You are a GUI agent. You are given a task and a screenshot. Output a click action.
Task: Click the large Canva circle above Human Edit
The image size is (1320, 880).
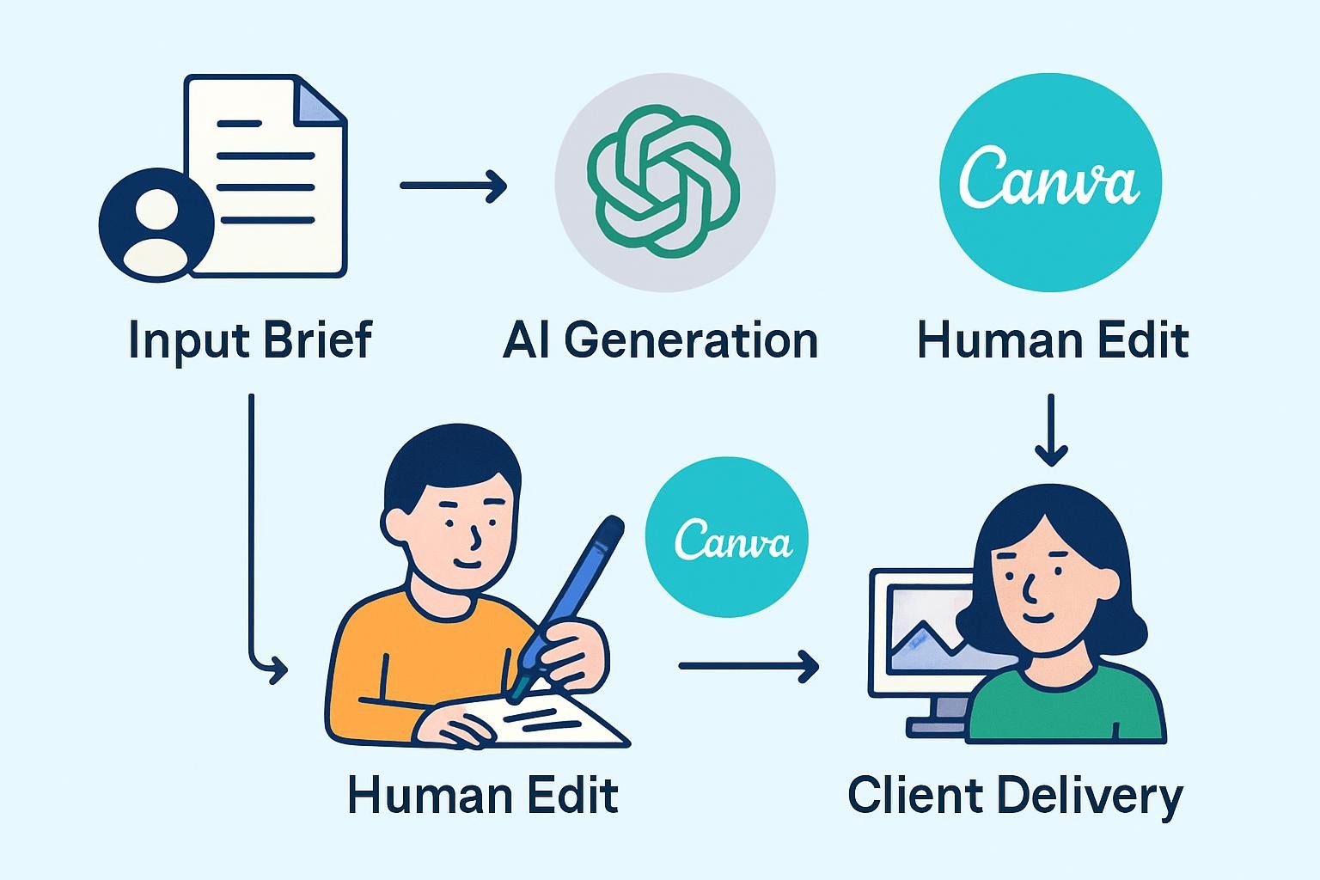coord(1050,182)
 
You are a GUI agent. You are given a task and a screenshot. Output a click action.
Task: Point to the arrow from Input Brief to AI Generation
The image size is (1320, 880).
coord(453,185)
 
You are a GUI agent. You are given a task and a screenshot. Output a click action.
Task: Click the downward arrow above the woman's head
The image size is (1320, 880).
coord(1051,430)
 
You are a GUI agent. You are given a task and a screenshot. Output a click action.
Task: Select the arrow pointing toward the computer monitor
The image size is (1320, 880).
coord(748,665)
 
